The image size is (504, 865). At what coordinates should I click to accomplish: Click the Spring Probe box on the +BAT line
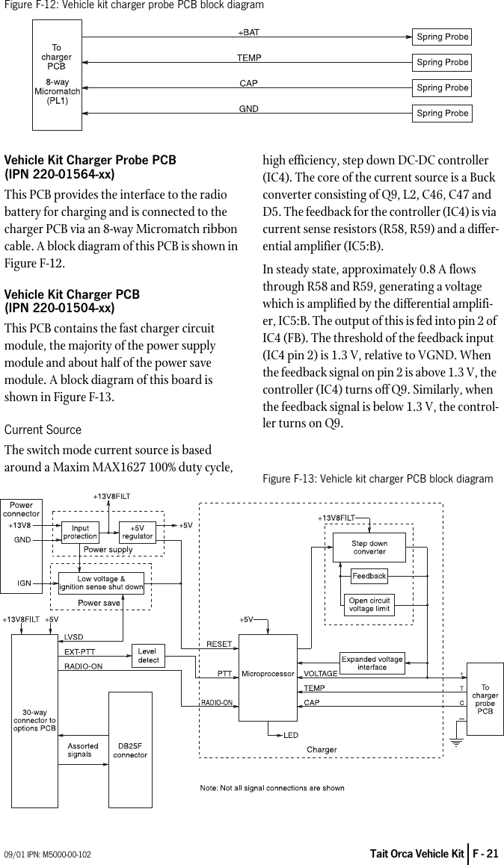442,37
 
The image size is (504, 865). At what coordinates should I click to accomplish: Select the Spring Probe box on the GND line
442,114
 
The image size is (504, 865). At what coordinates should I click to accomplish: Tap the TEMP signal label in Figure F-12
249,58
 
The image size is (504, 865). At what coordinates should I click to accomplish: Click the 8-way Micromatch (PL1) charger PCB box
57,75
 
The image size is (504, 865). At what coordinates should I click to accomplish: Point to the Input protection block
80,532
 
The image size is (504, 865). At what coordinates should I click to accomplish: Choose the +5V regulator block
138,532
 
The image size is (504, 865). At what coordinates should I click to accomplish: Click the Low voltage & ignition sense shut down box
101,583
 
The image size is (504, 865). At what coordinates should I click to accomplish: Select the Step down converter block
369,548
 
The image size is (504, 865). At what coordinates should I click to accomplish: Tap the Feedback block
369,576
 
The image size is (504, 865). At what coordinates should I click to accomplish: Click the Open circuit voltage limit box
369,605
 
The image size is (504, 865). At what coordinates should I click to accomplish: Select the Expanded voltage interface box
372,663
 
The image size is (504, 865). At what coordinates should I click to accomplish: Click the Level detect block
148,656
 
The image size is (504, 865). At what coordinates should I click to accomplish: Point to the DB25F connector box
130,749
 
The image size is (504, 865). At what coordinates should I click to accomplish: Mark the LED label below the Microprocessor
291,735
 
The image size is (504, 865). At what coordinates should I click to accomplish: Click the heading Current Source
43,430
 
